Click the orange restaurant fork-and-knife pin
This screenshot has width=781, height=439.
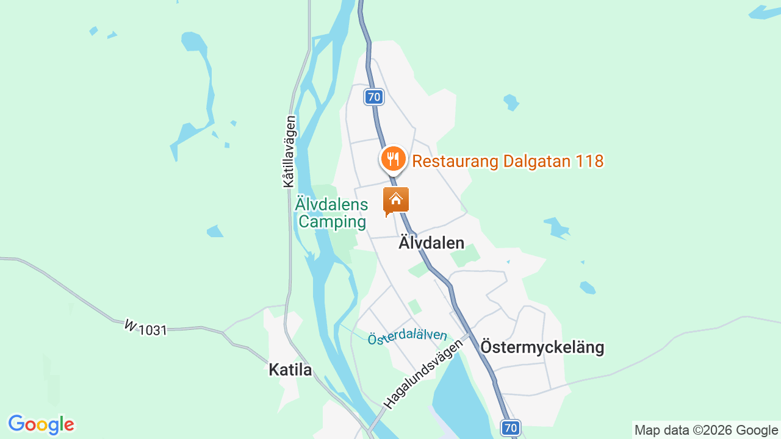pyautogui.click(x=394, y=160)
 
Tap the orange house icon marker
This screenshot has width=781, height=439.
pyautogui.click(x=395, y=200)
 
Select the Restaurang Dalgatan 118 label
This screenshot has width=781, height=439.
pyautogui.click(x=508, y=162)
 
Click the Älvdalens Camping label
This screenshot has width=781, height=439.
pyautogui.click(x=331, y=213)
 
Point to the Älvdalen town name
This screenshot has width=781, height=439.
pyautogui.click(x=431, y=243)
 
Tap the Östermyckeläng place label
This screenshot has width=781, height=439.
pyautogui.click(x=542, y=348)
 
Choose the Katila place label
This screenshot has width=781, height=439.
pyautogui.click(x=290, y=370)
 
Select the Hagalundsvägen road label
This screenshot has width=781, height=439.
pyautogui.click(x=423, y=373)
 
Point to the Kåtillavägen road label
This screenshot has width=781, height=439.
pyautogui.click(x=289, y=151)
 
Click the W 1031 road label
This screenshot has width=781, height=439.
pyautogui.click(x=146, y=328)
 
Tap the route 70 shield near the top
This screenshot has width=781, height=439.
pyautogui.click(x=374, y=96)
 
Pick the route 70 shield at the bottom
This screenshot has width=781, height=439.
pyautogui.click(x=511, y=427)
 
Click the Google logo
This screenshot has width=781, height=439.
pyautogui.click(x=41, y=424)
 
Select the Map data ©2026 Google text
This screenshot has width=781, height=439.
pyautogui.click(x=706, y=430)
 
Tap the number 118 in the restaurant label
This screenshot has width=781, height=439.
pyautogui.click(x=589, y=162)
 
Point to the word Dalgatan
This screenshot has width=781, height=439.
pyautogui.click(x=537, y=162)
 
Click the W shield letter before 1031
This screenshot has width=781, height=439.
pyautogui.click(x=130, y=326)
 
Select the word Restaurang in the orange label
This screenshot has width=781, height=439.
pyautogui.click(x=455, y=162)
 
